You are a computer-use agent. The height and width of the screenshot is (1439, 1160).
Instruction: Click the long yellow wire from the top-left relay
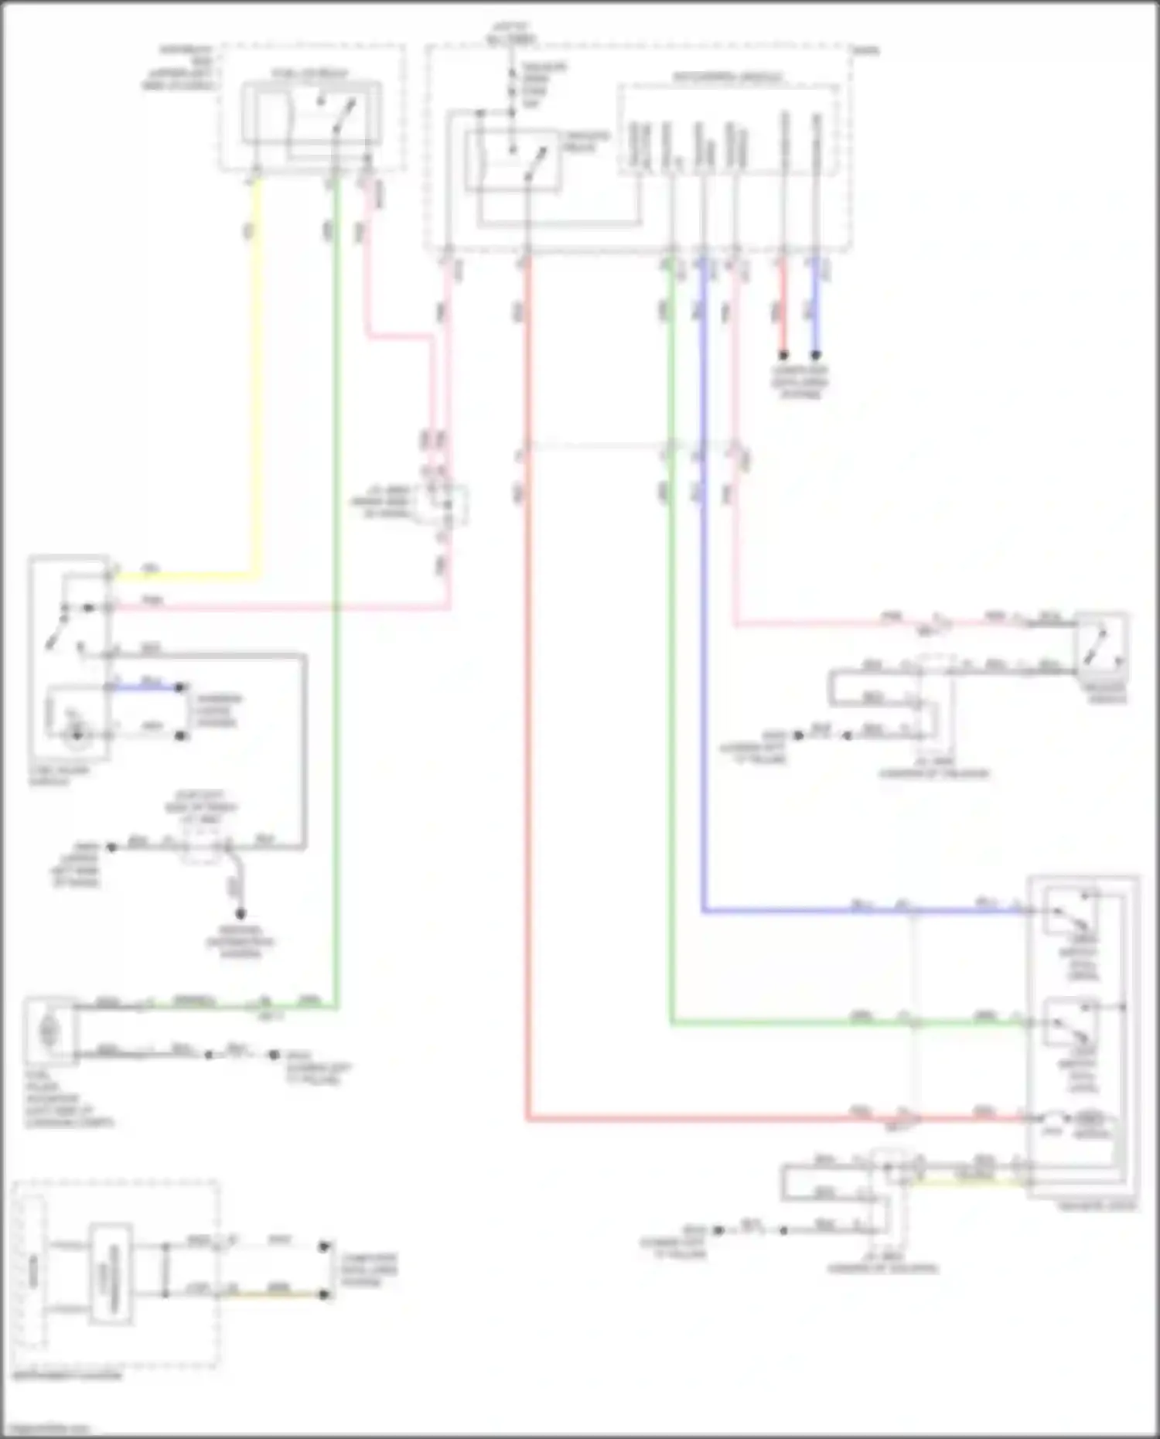[257, 387]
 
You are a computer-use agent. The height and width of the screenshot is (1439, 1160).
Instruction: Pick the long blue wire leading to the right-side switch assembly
[704, 619]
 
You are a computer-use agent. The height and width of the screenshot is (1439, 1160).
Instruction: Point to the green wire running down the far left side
[336, 619]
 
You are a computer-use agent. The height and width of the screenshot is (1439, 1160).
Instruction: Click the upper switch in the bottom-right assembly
[1070, 913]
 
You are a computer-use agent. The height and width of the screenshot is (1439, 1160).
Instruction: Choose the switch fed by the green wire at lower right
[1070, 1024]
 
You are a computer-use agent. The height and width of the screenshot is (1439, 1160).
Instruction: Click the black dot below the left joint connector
[241, 913]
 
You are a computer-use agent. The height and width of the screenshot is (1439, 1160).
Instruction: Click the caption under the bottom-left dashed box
[67, 1376]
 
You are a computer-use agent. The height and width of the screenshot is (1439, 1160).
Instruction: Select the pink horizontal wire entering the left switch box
[278, 608]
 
